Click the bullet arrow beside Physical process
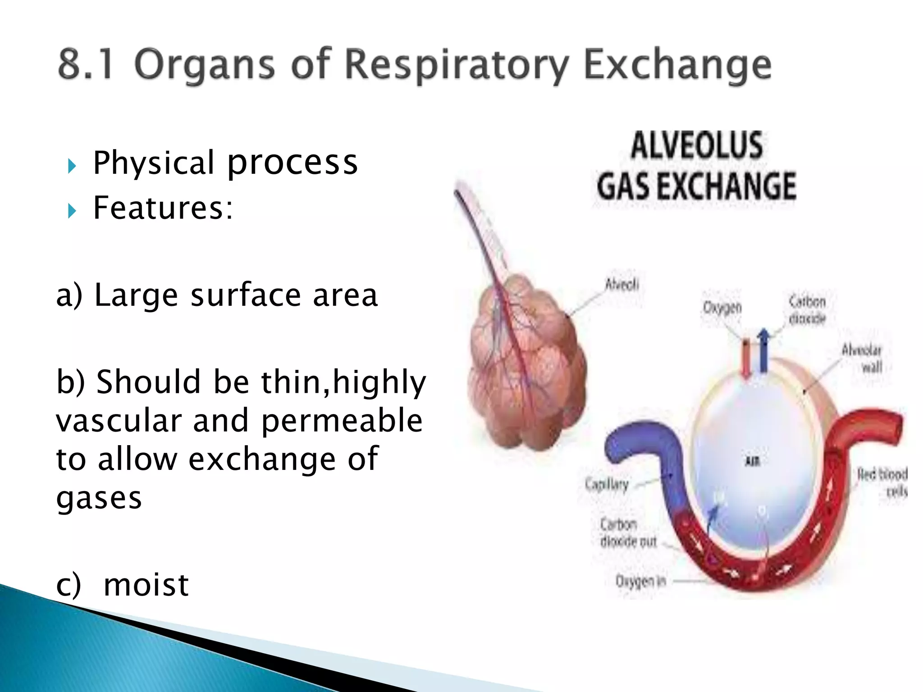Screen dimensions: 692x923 (x=72, y=166)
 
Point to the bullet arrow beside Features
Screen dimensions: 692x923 (x=72, y=210)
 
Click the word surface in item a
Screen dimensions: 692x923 (x=245, y=296)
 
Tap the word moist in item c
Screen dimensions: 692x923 (x=146, y=585)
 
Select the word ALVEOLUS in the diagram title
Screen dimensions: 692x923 (x=696, y=145)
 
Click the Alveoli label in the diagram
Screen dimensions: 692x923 (x=622, y=285)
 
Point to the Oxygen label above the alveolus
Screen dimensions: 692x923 (x=722, y=308)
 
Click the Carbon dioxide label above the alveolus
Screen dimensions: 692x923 (x=807, y=310)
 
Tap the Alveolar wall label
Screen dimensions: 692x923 (x=862, y=358)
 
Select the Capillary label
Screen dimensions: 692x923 (x=607, y=485)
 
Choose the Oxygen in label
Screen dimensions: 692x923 (x=640, y=581)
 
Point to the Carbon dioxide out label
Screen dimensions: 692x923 (x=628, y=533)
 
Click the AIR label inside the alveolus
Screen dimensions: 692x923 (x=753, y=461)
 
